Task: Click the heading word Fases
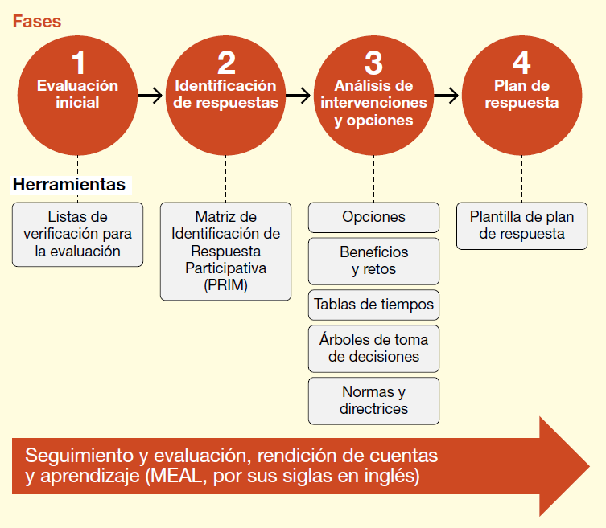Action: tap(36, 21)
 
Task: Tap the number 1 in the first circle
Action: tap(77, 63)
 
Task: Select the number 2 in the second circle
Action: tap(226, 63)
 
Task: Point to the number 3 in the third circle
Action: tap(373, 63)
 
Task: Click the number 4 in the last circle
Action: tap(521, 63)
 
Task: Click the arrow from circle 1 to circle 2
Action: tap(150, 96)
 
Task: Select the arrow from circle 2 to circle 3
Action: tap(298, 96)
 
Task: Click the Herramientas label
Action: tap(69, 185)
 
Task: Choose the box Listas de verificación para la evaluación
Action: tap(77, 234)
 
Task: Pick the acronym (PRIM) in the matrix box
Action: tap(226, 284)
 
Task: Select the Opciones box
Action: tap(373, 217)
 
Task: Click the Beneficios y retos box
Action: tap(373, 261)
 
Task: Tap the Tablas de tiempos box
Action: tap(373, 305)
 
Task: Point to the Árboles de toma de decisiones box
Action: tap(373, 348)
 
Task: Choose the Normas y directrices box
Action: tap(373, 400)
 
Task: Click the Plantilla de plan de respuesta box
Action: tap(521, 226)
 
